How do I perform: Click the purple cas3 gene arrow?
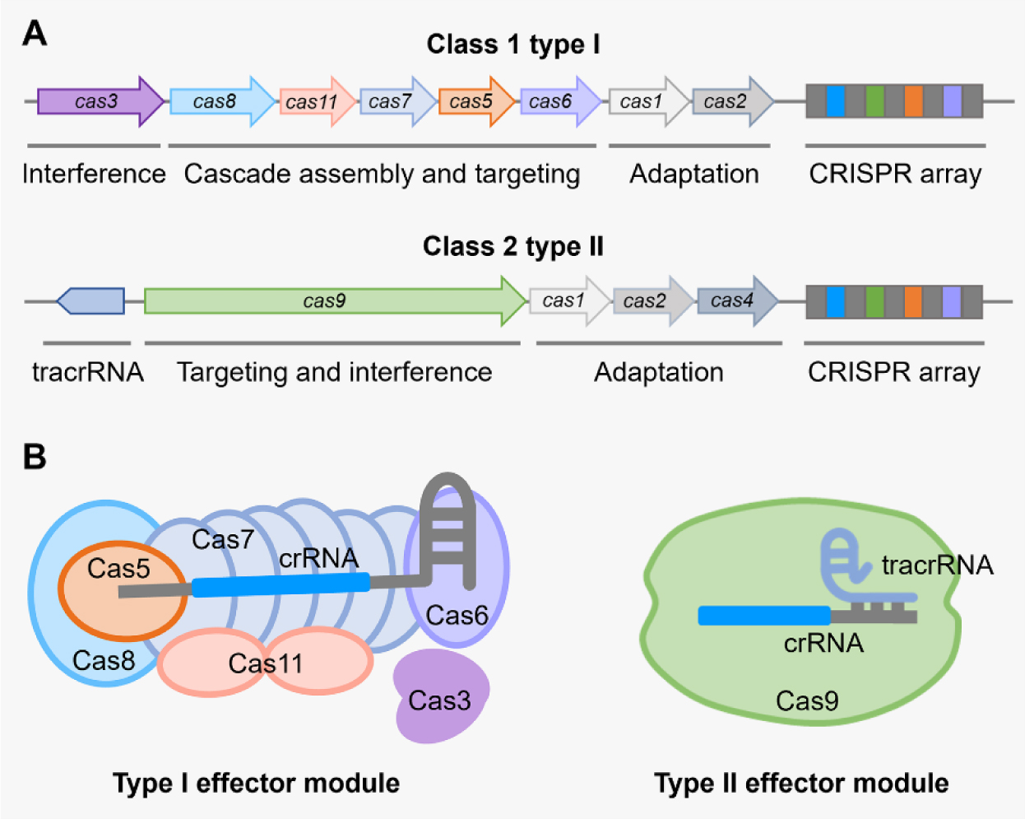(99, 101)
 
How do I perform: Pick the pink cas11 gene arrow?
(315, 101)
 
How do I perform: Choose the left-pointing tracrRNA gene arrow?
(90, 301)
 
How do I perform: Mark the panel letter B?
(34, 456)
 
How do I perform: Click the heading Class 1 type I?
(512, 44)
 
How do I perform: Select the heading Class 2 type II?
(512, 246)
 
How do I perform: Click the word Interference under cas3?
(94, 174)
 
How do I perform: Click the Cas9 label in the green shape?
(807, 701)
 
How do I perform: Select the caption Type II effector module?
(800, 783)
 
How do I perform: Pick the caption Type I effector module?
(256, 783)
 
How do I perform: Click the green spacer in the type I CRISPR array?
(874, 101)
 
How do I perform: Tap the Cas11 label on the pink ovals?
(265, 663)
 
